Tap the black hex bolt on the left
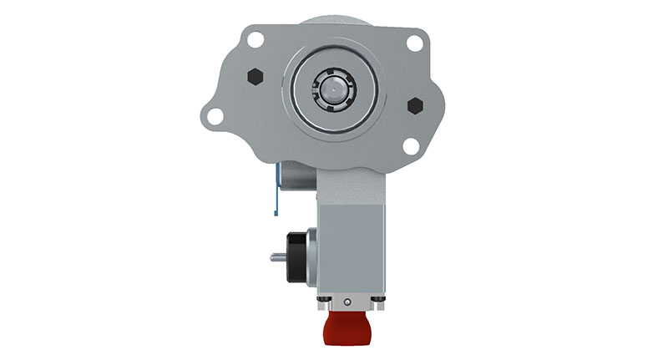[x=256, y=76]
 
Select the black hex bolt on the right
[x=414, y=106]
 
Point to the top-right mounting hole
[x=414, y=43]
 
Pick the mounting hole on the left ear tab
[x=215, y=116]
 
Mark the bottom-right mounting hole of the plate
[x=410, y=146]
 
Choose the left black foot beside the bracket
[x=321, y=299]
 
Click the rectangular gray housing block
[x=350, y=242]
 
